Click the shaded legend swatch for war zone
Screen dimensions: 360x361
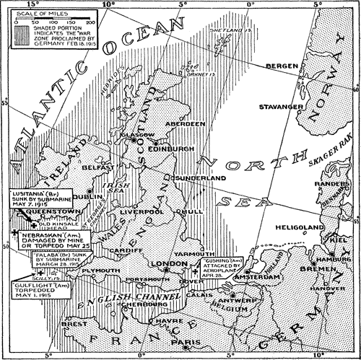tap(17, 34)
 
